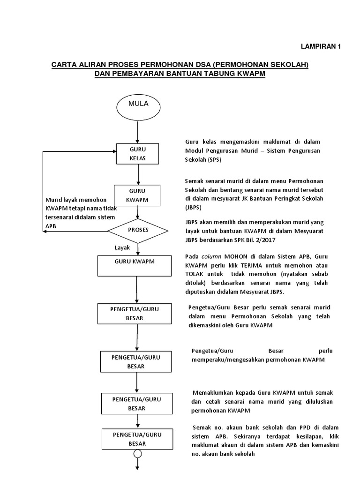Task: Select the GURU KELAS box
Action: [x=138, y=154]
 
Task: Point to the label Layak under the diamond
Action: [x=122, y=247]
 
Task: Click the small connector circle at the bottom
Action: [x=137, y=454]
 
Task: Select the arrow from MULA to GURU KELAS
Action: [x=137, y=131]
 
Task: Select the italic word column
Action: [x=210, y=257]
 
